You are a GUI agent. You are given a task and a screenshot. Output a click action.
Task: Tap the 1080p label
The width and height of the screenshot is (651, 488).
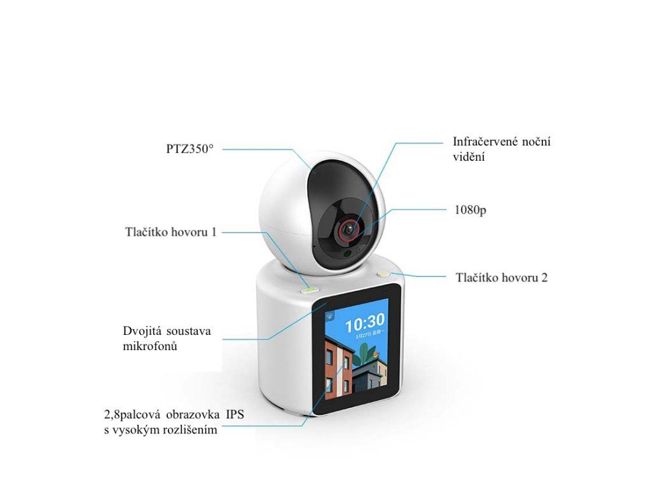[470, 210]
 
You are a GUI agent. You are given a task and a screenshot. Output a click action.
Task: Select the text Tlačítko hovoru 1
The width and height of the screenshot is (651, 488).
[170, 232]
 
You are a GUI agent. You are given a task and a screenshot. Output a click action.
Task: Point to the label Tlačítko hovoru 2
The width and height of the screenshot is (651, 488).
[502, 278]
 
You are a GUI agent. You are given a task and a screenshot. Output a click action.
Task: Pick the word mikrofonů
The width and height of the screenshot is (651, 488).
[149, 347]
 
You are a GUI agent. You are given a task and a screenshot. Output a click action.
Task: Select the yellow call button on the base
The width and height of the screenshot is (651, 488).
[385, 273]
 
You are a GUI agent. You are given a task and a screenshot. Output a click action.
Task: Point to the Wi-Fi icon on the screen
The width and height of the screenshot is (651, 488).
[330, 313]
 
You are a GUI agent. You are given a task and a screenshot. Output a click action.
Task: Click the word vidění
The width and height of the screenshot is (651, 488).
[470, 156]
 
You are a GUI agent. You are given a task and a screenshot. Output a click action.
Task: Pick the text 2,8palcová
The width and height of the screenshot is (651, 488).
[132, 416]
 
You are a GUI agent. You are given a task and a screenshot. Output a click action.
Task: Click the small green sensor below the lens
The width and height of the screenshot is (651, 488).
[348, 254]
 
